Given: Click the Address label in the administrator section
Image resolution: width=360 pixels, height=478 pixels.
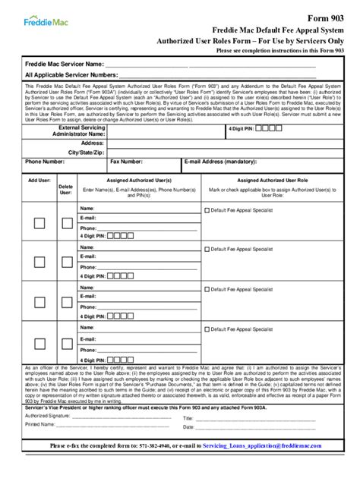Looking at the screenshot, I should pyautogui.click(x=92, y=143).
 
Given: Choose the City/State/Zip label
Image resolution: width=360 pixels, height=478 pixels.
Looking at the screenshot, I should pyautogui.click(x=85, y=153).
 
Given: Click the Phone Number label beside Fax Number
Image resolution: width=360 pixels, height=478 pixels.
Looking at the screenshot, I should pyautogui.click(x=44, y=162).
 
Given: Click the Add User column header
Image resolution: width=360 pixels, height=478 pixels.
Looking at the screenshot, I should pyautogui.click(x=39, y=181).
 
